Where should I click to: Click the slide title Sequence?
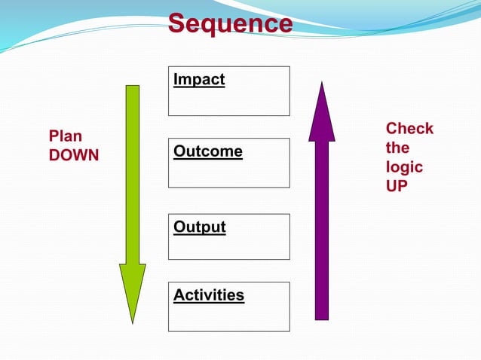tap(229, 23)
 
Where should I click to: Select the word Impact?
tap(199, 79)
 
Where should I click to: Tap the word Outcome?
tap(208, 151)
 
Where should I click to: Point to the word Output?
tap(200, 227)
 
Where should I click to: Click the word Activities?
tap(209, 294)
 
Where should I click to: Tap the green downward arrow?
tap(133, 188)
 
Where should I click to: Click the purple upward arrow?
tap(322, 211)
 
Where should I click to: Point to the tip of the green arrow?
tap(133, 322)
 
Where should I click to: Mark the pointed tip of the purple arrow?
tap(322, 84)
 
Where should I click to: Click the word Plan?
tap(66, 136)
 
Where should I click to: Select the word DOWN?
tap(74, 155)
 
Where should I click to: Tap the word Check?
tap(409, 128)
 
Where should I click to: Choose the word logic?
tap(404, 166)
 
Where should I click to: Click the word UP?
tap(397, 185)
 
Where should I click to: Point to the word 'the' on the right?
tap(398, 148)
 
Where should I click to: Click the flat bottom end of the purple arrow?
tap(322, 318)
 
